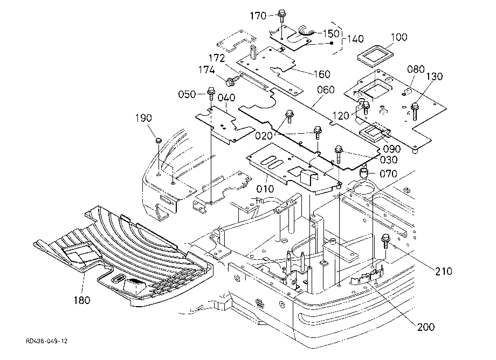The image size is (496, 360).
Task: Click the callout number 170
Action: point(258,16)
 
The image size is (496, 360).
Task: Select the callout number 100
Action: point(399,37)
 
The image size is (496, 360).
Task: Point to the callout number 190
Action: point(143,118)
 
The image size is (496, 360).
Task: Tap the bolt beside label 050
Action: point(211,93)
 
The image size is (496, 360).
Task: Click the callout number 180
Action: point(82,300)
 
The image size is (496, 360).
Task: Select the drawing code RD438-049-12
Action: point(47,341)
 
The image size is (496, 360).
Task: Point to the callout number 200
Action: point(426,327)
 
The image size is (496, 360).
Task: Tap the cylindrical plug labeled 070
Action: point(364,173)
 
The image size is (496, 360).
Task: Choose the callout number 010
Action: point(265,189)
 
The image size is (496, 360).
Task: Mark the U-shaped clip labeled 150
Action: point(306,31)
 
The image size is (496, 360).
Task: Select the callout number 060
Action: point(326,90)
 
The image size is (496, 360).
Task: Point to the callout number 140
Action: point(355,39)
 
